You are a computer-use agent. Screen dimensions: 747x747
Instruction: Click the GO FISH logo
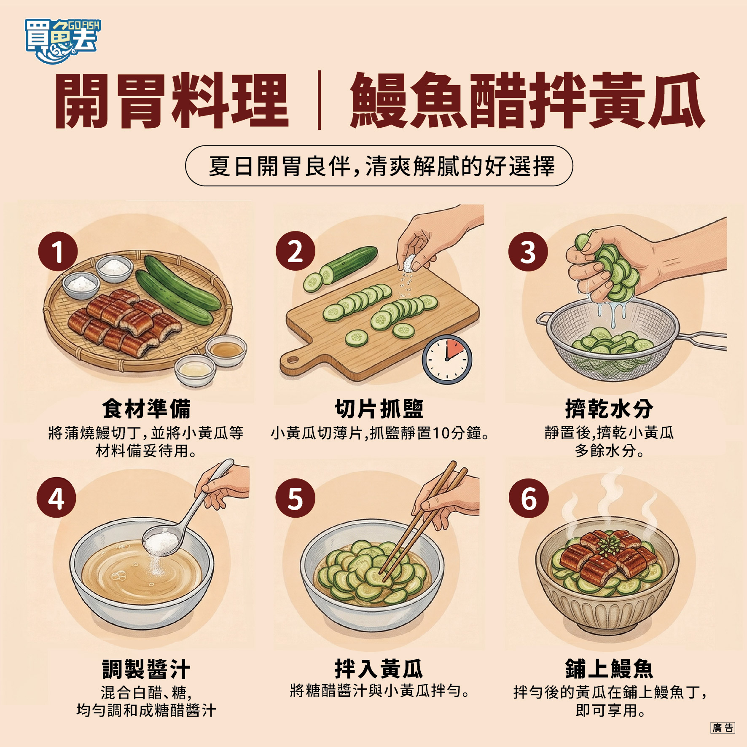coord(62,41)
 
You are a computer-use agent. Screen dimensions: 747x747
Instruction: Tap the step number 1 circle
coord(58,252)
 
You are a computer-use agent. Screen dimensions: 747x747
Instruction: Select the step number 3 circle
coord(528,252)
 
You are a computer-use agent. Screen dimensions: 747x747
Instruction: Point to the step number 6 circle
coord(529,498)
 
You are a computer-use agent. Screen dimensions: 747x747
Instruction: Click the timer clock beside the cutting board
coord(447,359)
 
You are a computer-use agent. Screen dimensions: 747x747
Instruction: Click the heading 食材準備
coord(146,408)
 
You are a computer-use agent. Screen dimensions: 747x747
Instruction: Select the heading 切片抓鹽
coord(379,408)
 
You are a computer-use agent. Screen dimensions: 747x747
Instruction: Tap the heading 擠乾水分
coord(609,408)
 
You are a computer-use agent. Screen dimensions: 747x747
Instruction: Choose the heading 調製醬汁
coord(146,669)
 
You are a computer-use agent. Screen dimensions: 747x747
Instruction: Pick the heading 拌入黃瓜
coord(379,669)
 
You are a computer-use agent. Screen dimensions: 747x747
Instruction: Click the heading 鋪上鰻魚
coord(609,669)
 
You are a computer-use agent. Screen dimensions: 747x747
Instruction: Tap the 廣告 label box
coord(723,728)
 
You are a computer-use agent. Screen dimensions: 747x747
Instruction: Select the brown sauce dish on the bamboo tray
coord(226,349)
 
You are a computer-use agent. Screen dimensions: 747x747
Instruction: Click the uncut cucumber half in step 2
coord(353,261)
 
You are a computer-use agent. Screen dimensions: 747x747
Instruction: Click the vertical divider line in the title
coord(319,100)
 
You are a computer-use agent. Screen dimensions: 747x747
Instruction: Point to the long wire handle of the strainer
coord(702,340)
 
